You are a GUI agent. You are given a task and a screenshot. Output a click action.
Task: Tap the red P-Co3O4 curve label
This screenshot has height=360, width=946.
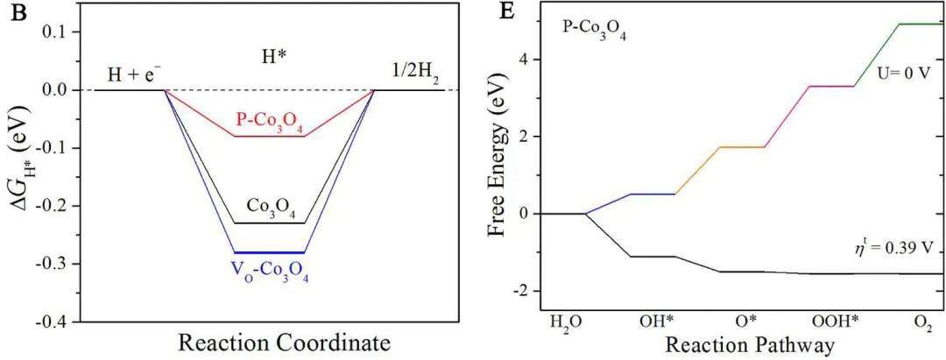[270, 121]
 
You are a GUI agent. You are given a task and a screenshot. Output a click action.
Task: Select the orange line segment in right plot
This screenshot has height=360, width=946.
[697, 170]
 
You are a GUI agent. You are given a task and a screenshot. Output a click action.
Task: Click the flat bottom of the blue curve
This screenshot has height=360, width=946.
[270, 252]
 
